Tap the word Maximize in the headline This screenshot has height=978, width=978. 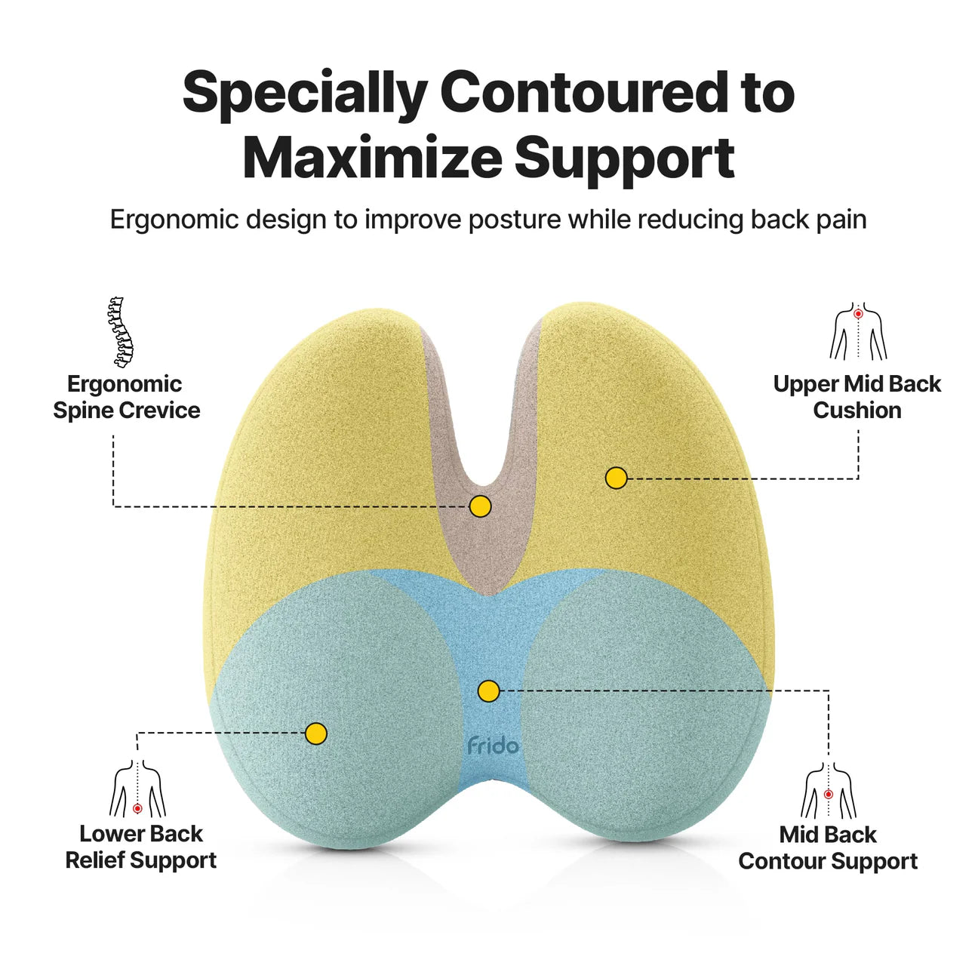tap(371, 158)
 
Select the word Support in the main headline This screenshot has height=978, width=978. tap(624, 158)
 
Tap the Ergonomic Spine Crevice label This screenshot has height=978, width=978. tap(126, 397)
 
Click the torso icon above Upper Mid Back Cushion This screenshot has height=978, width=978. tap(858, 332)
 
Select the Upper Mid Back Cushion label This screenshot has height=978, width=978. tap(857, 397)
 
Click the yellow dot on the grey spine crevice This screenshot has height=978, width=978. tap(480, 506)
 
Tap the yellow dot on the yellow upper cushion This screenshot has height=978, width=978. tap(617, 478)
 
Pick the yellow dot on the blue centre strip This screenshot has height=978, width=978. tap(489, 690)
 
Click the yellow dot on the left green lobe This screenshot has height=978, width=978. tap(316, 733)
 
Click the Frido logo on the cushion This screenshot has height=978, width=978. tap(493, 746)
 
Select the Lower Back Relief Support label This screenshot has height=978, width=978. tap(141, 847)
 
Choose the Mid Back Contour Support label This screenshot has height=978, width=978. tap(828, 847)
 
